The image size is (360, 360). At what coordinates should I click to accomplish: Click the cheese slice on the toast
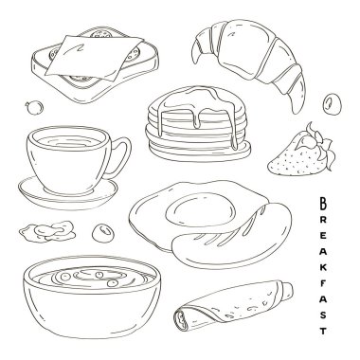tap(95, 57)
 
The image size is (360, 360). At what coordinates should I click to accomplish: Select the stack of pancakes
tap(197, 123)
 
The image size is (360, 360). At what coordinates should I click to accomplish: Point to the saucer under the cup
tap(68, 194)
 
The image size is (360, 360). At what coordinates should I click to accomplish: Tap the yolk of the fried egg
tap(201, 210)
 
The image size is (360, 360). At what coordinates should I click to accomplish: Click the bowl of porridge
tap(92, 297)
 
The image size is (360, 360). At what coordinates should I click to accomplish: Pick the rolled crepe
tap(233, 306)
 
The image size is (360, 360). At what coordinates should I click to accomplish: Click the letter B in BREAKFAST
tap(323, 203)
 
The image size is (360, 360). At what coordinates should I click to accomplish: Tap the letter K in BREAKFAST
tap(323, 268)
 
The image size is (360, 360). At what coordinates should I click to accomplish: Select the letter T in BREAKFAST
tap(323, 331)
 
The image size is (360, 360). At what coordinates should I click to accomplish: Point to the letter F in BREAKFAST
tap(323, 283)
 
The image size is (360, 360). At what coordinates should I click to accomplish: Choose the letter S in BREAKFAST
tap(323, 315)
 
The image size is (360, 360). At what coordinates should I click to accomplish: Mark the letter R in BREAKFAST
tap(323, 220)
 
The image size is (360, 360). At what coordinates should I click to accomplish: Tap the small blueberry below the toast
tap(34, 107)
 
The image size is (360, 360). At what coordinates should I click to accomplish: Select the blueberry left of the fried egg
tap(103, 233)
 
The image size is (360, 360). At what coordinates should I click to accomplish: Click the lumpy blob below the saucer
tap(47, 231)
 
